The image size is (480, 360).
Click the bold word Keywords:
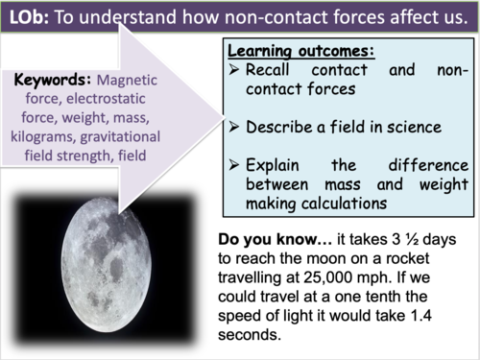(54, 79)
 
